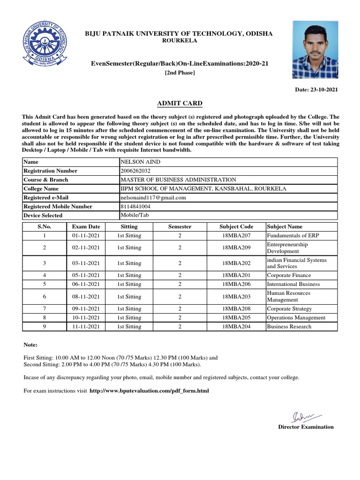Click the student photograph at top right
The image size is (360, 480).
[315, 50]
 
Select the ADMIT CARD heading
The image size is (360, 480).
[180, 103]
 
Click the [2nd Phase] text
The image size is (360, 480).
[180, 73]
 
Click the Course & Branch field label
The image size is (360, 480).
[46, 180]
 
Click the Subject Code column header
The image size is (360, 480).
[236, 226]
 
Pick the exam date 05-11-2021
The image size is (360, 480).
[86, 276]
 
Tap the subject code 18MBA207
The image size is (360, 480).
[236, 236]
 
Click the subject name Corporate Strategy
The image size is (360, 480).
[289, 309]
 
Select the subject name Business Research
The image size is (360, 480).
[289, 327]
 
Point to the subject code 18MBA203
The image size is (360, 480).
[236, 297]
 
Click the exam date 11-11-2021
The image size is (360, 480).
[86, 327]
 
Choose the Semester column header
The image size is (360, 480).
[180, 226]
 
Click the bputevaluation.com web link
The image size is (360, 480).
[149, 390]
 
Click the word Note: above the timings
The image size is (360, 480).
[30, 345]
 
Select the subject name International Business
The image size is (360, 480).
[293, 285]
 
